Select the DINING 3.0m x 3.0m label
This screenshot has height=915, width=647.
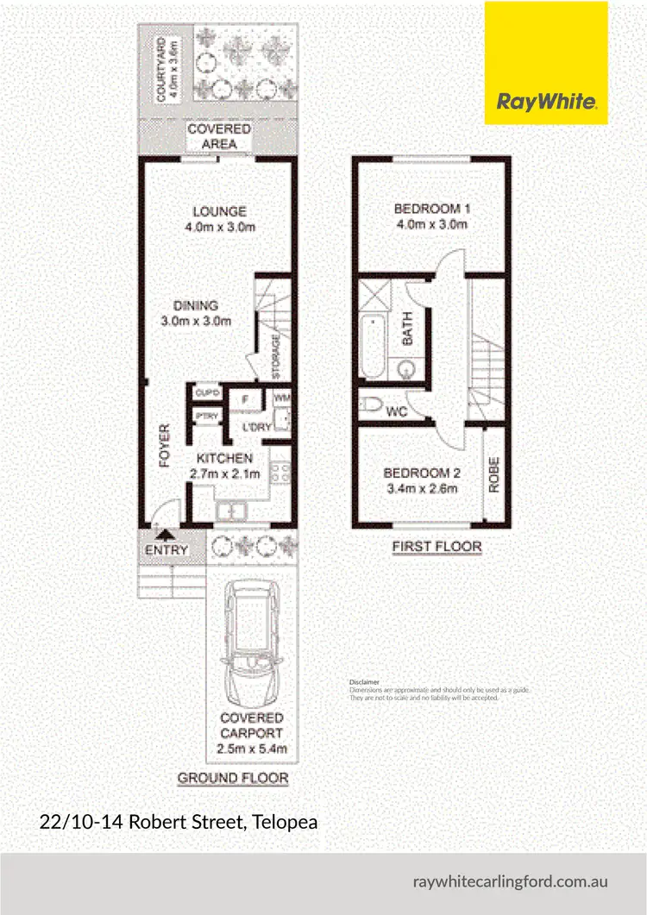(195, 312)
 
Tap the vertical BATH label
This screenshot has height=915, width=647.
(408, 328)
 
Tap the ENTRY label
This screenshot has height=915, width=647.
(166, 550)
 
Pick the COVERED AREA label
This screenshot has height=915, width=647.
(219, 135)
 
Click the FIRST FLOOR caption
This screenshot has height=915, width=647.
(437, 547)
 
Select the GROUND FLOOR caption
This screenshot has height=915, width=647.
(232, 778)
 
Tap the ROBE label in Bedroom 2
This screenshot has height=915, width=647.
(494, 474)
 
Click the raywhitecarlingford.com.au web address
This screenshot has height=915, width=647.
(512, 882)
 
